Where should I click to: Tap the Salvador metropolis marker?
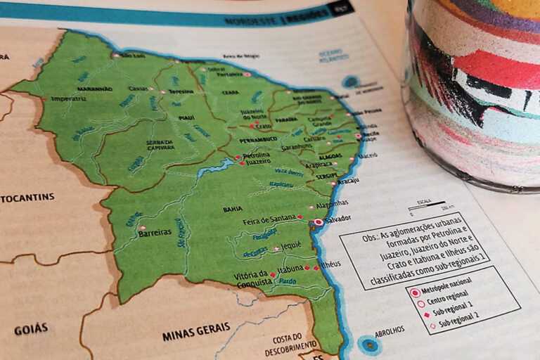318,222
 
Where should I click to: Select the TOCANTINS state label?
27,198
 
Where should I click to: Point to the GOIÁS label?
31,328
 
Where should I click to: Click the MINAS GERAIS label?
196,330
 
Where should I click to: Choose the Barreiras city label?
155,232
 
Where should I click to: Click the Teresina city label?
181,91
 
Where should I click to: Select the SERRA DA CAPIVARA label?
160,145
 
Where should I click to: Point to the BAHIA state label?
233,209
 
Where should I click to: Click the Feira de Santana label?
269,221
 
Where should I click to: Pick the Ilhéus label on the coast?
330,264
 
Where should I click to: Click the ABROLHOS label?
389,329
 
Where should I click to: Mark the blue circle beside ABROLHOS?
368,345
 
